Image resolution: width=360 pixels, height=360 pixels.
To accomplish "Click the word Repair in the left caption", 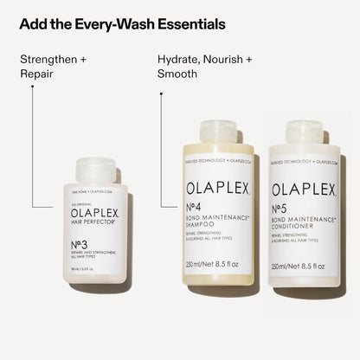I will click(x=37, y=74).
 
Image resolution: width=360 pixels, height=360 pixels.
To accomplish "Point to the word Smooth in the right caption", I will click(x=177, y=74).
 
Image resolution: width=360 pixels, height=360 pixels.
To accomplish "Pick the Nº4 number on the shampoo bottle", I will click(x=197, y=213).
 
